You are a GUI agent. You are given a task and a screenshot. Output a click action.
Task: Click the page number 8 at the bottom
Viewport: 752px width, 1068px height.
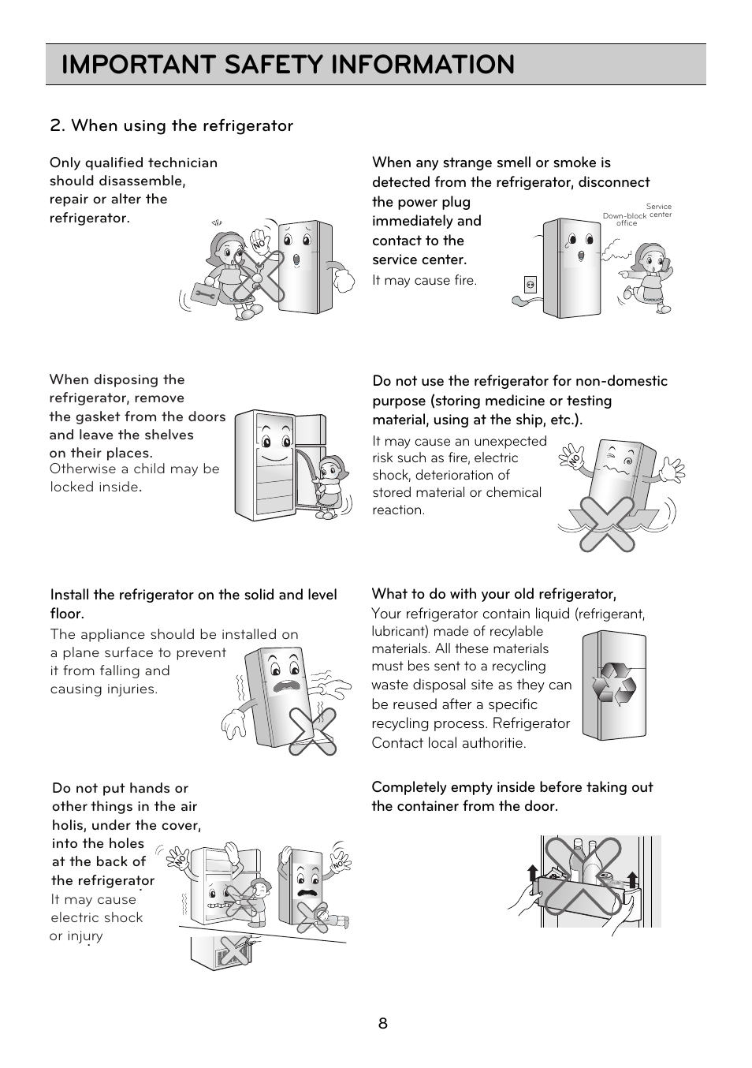coord(382,1024)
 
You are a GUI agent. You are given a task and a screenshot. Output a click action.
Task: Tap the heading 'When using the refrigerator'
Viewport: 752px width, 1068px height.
coord(171,125)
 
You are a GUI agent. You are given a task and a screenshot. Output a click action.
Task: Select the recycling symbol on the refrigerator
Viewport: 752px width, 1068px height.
coord(614,682)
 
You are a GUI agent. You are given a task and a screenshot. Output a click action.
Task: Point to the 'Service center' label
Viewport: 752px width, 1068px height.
coord(660,211)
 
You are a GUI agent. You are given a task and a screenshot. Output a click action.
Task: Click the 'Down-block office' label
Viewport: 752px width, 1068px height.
coord(625,219)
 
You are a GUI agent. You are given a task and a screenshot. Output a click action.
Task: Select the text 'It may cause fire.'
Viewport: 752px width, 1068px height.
coord(424,281)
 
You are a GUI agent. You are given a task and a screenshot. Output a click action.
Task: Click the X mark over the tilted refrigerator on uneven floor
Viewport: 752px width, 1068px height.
coord(312,731)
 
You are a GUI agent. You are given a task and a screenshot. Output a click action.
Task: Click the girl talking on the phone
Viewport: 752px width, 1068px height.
coord(651,276)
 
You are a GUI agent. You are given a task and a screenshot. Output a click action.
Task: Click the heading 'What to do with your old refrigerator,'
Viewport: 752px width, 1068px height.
coord(493,594)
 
